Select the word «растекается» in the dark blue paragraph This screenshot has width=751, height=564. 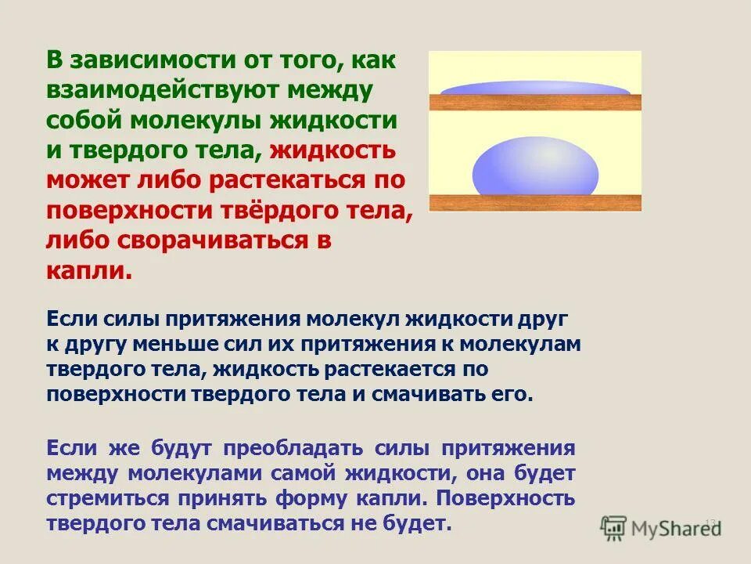point(355,369)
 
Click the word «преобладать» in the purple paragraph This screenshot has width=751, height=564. point(293,449)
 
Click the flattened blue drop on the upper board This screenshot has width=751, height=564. point(534,89)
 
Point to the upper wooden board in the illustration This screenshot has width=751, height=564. point(535,102)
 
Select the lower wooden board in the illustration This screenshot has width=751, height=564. point(535,201)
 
